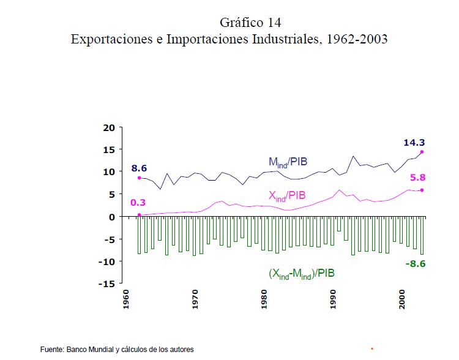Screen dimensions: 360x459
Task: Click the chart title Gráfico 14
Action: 250,23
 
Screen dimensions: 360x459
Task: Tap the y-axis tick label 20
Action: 109,127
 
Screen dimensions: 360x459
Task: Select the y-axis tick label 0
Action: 112,217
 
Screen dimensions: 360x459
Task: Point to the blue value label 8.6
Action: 139,168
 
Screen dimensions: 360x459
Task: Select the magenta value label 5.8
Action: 419,178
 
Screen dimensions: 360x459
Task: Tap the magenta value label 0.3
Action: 138,203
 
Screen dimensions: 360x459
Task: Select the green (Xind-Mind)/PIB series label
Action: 302,274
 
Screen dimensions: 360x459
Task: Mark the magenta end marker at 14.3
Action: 422,152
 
